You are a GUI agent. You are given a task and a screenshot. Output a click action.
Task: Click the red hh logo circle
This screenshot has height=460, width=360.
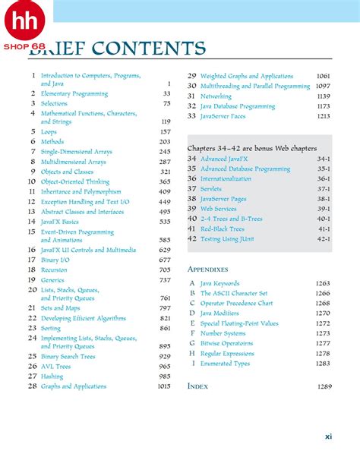pos(24,23)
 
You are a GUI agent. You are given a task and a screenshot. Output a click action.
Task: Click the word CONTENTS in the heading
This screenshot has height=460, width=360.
pos(150,50)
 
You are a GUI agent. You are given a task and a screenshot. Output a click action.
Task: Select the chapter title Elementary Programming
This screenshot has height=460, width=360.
pos(74,93)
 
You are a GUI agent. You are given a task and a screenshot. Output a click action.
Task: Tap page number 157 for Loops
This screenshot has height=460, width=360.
pos(165,131)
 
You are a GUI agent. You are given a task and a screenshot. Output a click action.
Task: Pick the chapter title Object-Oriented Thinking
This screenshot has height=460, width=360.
pos(75,181)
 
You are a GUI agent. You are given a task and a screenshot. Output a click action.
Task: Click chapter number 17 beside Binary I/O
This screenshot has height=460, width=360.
pos(32,260)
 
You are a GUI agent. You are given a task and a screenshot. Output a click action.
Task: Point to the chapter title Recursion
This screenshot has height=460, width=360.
pos(54,269)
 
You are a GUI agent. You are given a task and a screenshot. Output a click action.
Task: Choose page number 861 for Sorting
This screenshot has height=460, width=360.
pos(165,328)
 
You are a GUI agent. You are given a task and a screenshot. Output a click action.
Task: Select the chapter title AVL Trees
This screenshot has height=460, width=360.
pos(55,367)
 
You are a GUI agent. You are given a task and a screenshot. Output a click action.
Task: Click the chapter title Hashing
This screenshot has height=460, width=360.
pos(52,377)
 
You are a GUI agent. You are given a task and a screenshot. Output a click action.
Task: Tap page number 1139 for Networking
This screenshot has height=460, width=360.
pos(323,96)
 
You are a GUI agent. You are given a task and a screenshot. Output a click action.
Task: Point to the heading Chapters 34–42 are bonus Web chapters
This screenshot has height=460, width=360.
pos(251,149)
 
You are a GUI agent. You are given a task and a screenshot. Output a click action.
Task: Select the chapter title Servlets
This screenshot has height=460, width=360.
pos(210,188)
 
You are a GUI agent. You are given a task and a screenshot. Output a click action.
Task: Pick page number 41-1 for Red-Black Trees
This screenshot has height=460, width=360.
pos(324,228)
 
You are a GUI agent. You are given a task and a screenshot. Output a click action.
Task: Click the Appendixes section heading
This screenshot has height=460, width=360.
pos(207,269)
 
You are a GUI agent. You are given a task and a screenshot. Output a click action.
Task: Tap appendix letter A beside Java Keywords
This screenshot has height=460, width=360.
pos(192,283)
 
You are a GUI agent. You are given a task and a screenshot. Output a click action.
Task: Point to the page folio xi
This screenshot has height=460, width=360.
pos(328,436)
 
